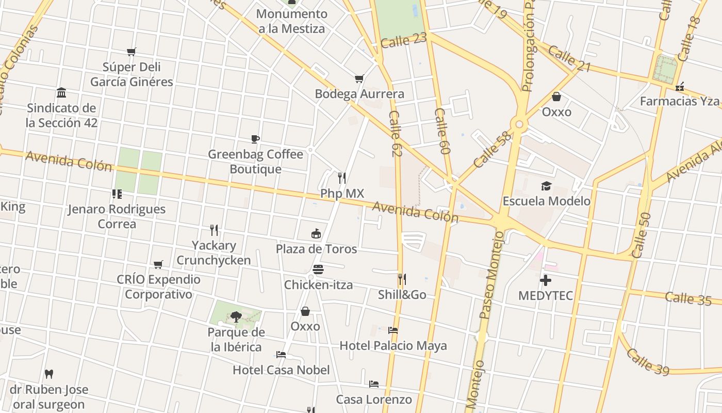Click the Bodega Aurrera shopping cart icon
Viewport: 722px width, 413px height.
(x=359, y=79)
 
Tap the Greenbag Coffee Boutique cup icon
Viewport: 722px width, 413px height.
(x=255, y=139)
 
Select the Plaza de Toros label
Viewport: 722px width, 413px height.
(x=316, y=249)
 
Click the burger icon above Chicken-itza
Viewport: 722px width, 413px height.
(x=318, y=269)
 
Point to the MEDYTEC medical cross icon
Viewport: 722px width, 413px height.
(x=546, y=280)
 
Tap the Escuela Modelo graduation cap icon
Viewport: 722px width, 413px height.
(x=546, y=186)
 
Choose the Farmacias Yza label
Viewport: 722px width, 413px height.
(x=679, y=101)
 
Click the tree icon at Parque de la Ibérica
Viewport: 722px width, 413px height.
(x=236, y=316)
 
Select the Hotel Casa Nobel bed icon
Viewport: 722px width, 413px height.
(x=281, y=355)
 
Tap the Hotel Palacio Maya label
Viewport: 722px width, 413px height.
(x=393, y=345)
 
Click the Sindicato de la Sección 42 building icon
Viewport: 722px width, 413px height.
(x=61, y=93)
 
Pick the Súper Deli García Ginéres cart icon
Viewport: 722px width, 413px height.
(x=131, y=52)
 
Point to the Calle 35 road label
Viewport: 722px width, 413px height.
(x=688, y=298)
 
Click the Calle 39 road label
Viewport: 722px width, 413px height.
(x=648, y=361)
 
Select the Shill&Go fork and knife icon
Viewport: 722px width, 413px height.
(x=402, y=279)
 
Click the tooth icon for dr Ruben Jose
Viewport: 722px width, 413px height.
(x=49, y=374)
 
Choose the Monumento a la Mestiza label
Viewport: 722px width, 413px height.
(x=292, y=21)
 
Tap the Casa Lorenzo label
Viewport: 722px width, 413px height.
(x=374, y=399)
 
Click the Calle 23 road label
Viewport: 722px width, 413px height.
(x=404, y=40)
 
